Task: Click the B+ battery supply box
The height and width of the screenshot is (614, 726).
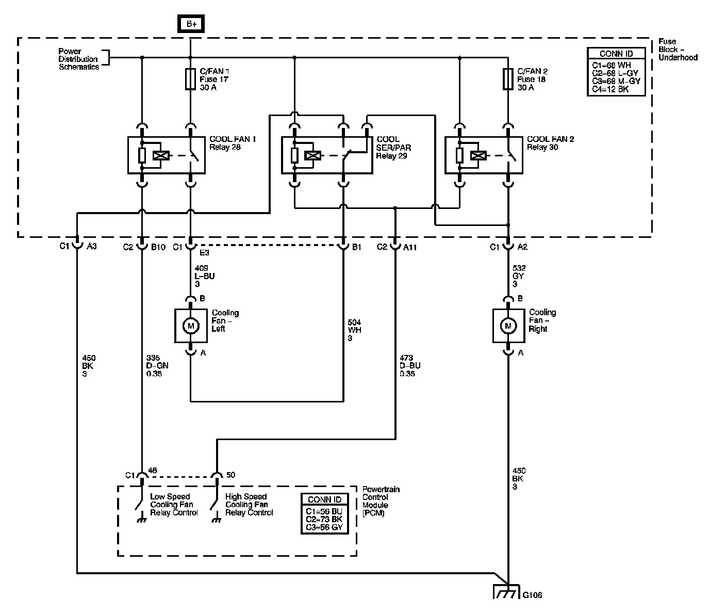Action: click(x=191, y=24)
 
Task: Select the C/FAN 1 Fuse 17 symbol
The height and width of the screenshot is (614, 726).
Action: click(x=190, y=79)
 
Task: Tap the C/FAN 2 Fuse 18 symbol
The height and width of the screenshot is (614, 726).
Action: click(x=508, y=79)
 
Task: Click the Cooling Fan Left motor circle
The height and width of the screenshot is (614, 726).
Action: click(x=191, y=326)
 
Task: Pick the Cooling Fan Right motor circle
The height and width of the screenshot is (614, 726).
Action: click(x=508, y=326)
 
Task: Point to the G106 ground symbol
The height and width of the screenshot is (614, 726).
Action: click(x=506, y=591)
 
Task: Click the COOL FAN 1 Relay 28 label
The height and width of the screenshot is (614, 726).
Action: click(x=233, y=143)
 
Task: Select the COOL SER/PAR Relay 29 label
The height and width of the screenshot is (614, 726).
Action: click(x=393, y=148)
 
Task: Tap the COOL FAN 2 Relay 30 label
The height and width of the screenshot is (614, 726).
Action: click(x=550, y=143)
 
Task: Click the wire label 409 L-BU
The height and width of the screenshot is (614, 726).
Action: click(x=204, y=276)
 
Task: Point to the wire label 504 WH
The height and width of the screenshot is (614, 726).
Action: click(x=354, y=330)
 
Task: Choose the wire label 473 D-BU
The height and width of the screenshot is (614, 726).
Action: click(x=410, y=365)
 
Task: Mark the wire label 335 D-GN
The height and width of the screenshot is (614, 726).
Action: click(x=157, y=365)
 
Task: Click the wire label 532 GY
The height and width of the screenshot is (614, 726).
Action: click(x=519, y=276)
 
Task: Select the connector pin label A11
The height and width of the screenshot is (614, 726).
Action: click(x=410, y=248)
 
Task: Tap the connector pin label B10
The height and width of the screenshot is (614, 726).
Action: click(x=158, y=248)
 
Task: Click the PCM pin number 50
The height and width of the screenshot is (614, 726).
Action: click(x=230, y=475)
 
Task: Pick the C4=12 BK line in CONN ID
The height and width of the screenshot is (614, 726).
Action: click(x=610, y=89)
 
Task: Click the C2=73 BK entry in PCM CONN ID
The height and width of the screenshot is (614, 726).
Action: click(x=324, y=519)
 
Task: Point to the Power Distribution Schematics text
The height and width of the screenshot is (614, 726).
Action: click(x=78, y=59)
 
